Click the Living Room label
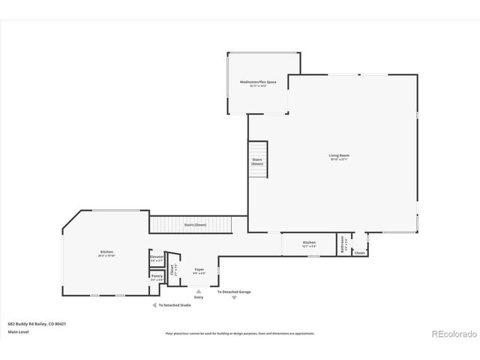[339, 157]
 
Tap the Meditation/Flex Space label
[253, 83]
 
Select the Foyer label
[199, 271]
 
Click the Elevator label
[156, 259]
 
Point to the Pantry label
[156, 277]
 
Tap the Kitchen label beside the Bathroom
[309, 244]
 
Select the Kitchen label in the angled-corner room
[106, 253]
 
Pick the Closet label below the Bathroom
[359, 253]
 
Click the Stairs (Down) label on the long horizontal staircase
[195, 224]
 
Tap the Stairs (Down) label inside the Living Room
[257, 161]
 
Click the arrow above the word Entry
[199, 292]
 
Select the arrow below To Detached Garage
[234, 298]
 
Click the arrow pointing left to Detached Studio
[154, 305]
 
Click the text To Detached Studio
[175, 305]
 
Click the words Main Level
[18, 331]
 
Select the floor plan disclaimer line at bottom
[240, 333]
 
